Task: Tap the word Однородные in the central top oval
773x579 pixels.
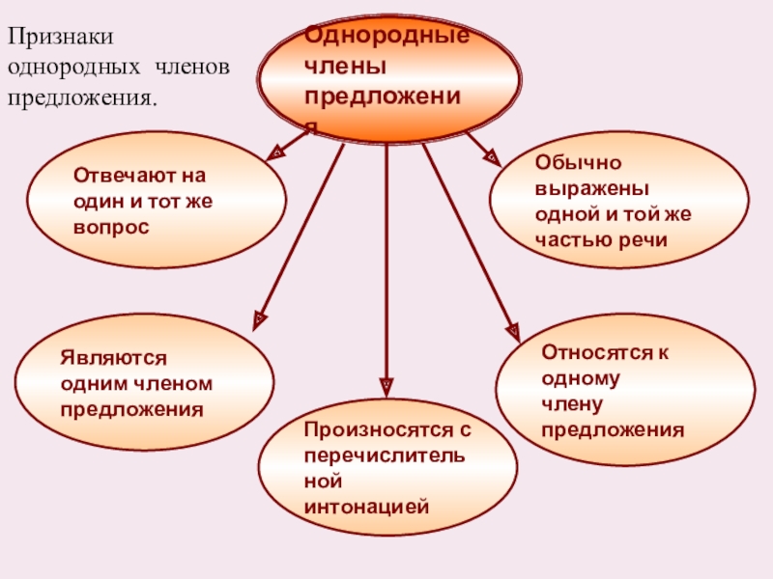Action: [x=386, y=36]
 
